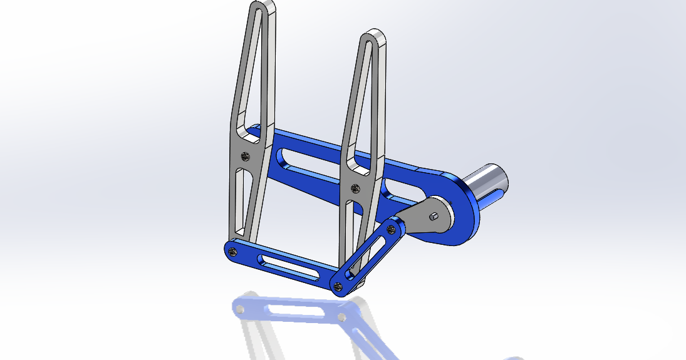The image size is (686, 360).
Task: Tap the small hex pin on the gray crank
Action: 434,217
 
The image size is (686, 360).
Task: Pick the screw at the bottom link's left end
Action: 233,251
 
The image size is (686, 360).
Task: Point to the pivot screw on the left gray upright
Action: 245,155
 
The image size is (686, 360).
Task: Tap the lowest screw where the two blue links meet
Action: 338,287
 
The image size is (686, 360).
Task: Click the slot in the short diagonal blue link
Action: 370,254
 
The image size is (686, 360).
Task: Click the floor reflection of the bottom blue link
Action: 288,311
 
